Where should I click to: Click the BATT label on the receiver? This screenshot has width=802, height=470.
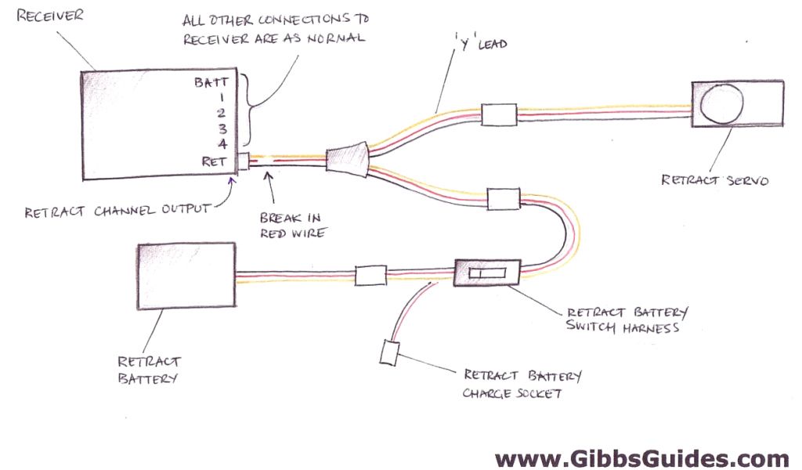click(x=212, y=81)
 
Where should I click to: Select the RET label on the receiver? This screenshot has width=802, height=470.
click(x=215, y=162)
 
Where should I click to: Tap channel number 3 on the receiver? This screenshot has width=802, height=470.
click(x=223, y=128)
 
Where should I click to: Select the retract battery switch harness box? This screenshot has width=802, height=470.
click(x=487, y=273)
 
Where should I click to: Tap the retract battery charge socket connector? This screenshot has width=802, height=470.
click(x=390, y=352)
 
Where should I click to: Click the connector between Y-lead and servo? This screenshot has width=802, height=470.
click(x=498, y=115)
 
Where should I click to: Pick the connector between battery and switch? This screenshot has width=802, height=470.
click(x=370, y=275)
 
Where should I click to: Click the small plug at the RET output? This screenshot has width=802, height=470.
click(x=243, y=162)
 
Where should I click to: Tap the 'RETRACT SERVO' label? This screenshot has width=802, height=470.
click(x=714, y=180)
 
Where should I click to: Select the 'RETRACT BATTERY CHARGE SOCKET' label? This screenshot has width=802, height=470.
click(x=522, y=385)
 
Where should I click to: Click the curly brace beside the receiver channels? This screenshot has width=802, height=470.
click(x=250, y=110)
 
